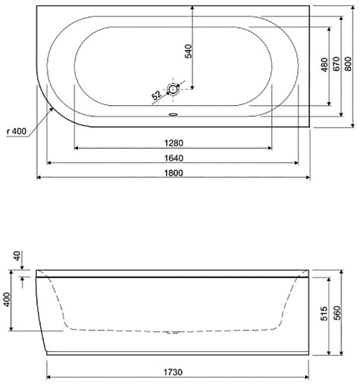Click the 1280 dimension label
click(174, 143)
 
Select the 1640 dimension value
click(174, 158)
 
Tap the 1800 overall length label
click(174, 173)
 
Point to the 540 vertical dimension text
click(189, 51)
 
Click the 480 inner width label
click(324, 65)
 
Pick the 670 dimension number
click(336, 64)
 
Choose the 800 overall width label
click(348, 64)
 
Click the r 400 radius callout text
click(16, 131)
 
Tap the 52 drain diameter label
click(157, 95)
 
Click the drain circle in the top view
click(173, 89)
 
